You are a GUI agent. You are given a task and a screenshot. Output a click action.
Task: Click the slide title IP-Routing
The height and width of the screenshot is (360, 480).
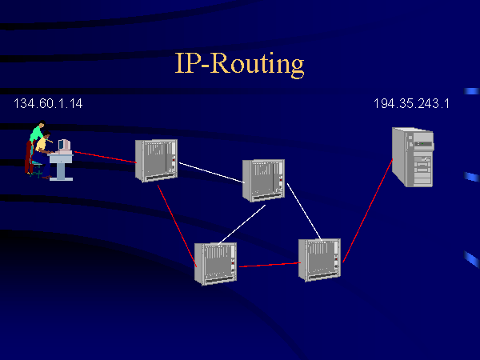pos(239,63)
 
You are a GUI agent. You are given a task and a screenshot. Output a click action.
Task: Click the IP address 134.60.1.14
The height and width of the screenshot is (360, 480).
pos(48,104)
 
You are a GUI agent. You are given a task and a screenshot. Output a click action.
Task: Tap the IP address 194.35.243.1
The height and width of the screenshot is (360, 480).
pos(410,104)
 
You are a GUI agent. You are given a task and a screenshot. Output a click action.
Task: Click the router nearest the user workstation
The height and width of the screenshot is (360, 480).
pos(156,159)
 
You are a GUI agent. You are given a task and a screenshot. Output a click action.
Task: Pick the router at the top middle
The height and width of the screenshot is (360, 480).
pos(263,180)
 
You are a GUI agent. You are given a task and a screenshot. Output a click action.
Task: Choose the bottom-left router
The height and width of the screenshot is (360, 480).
pos(215,262)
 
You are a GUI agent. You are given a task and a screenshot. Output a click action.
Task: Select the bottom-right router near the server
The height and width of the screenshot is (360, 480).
pos(319,259)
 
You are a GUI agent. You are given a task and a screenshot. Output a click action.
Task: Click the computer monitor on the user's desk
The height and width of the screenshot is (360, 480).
pos(63,146)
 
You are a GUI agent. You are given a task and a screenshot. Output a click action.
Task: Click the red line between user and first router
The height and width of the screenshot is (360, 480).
pos(104,156)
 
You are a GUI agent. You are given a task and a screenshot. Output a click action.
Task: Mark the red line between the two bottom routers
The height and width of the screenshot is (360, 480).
pos(268,264)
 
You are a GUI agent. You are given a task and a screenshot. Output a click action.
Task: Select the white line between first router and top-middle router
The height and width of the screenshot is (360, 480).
pos(210,174)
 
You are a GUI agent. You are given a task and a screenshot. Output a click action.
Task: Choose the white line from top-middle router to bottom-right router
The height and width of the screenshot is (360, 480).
pos(304,211)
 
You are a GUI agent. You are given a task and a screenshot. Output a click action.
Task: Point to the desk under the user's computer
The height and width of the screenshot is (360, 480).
pos(61,165)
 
